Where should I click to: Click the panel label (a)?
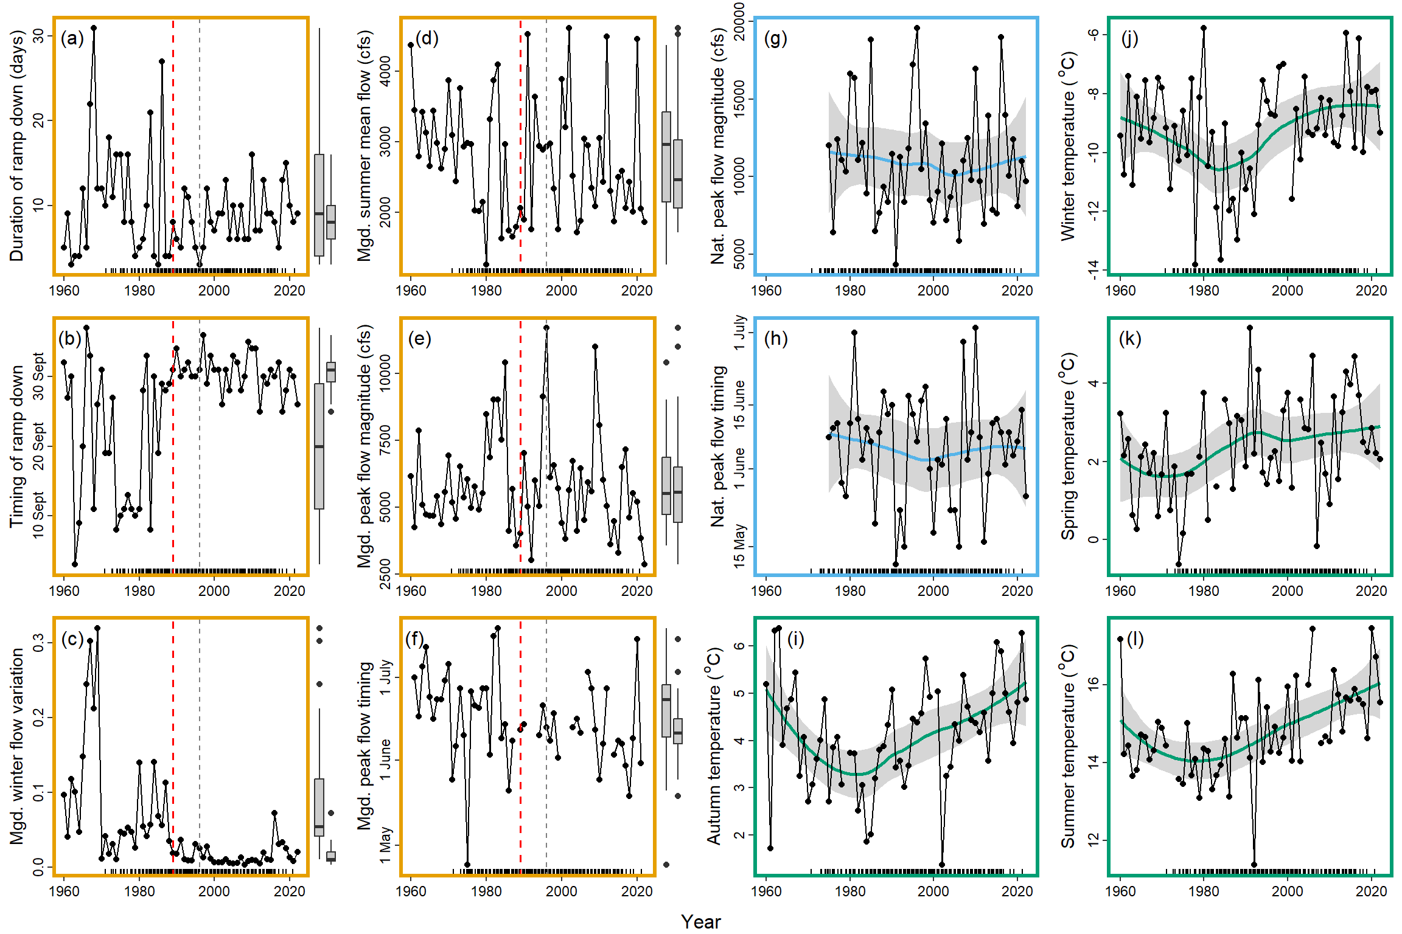pos(72,39)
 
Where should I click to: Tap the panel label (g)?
pos(775,39)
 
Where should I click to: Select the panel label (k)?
pos(1130,339)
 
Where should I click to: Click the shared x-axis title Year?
pos(700,922)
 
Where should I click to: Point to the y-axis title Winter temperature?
pos(1069,146)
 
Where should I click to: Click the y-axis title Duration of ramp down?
pos(16,146)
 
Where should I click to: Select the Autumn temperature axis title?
pos(714,746)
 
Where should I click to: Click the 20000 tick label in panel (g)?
pos(740,21)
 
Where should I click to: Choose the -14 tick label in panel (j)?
pos(1094,267)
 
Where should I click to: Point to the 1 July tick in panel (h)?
pos(740,333)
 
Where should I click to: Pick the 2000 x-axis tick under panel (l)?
pos(1287,891)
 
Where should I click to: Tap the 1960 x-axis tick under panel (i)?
pos(766,891)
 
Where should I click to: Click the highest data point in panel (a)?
pos(94,28)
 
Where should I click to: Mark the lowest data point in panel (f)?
pos(467,865)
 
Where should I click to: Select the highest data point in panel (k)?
pos(1250,328)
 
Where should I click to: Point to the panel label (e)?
pos(419,339)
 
